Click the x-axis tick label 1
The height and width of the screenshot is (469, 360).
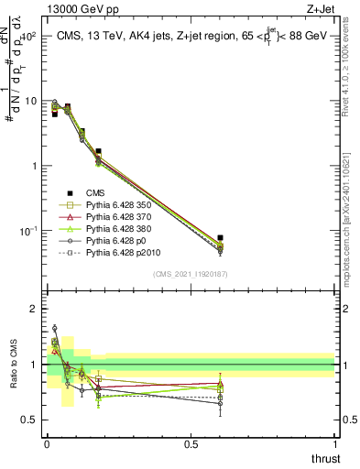click(334, 444)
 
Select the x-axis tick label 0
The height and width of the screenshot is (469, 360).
click(47, 444)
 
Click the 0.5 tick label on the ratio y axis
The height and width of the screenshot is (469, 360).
click(30, 420)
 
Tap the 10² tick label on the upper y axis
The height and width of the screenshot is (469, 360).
click(27, 37)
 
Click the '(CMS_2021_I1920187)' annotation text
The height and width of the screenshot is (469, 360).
click(191, 274)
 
